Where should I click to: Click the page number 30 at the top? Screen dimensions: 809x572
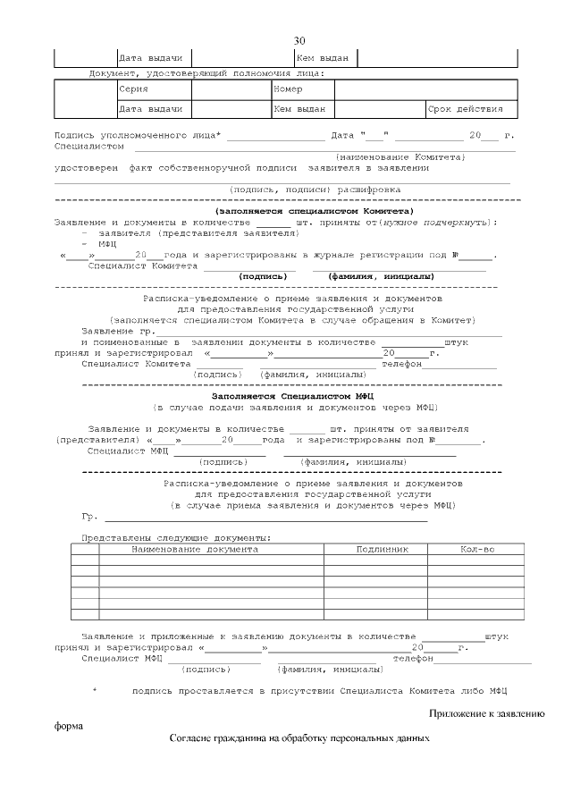299,41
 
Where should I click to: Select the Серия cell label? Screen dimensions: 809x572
133,90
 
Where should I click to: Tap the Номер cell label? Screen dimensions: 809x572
288,90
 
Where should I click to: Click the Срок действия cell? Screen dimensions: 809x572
466,109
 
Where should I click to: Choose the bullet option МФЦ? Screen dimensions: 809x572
108,243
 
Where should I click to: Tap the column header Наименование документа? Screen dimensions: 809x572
195,549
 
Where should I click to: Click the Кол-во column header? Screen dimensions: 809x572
477,549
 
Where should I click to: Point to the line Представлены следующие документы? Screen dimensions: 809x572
176,538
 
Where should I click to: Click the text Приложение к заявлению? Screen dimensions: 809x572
486,713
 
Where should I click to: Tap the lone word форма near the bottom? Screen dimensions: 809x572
69,726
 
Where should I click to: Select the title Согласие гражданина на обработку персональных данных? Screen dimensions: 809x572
299,739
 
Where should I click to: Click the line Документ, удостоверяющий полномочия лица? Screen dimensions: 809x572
206,73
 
